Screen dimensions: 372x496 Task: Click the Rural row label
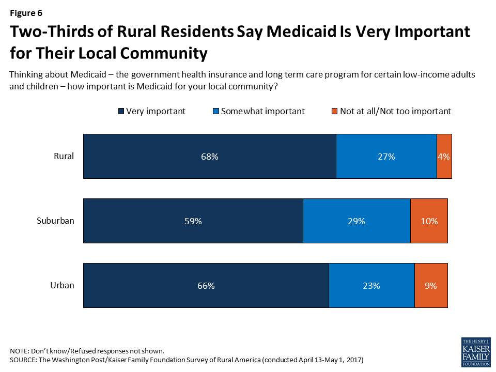coord(64,156)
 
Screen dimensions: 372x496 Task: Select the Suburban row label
coord(55,221)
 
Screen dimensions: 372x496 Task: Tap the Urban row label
coord(62,285)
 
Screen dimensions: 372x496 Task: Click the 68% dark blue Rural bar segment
coord(210,157)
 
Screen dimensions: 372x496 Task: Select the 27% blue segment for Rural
coord(386,157)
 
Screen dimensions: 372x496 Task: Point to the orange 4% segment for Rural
coord(444,157)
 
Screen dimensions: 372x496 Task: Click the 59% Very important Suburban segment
coord(193,221)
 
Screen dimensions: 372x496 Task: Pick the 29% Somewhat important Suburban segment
coord(357,221)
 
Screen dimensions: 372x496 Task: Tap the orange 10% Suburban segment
coord(429,221)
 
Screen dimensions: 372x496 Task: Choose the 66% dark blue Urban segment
coord(206,286)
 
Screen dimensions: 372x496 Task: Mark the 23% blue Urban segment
coord(371,286)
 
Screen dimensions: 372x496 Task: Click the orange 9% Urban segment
coord(431,286)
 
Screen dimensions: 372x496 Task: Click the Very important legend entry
coord(152,111)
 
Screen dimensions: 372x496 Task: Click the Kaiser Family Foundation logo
coord(475,352)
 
